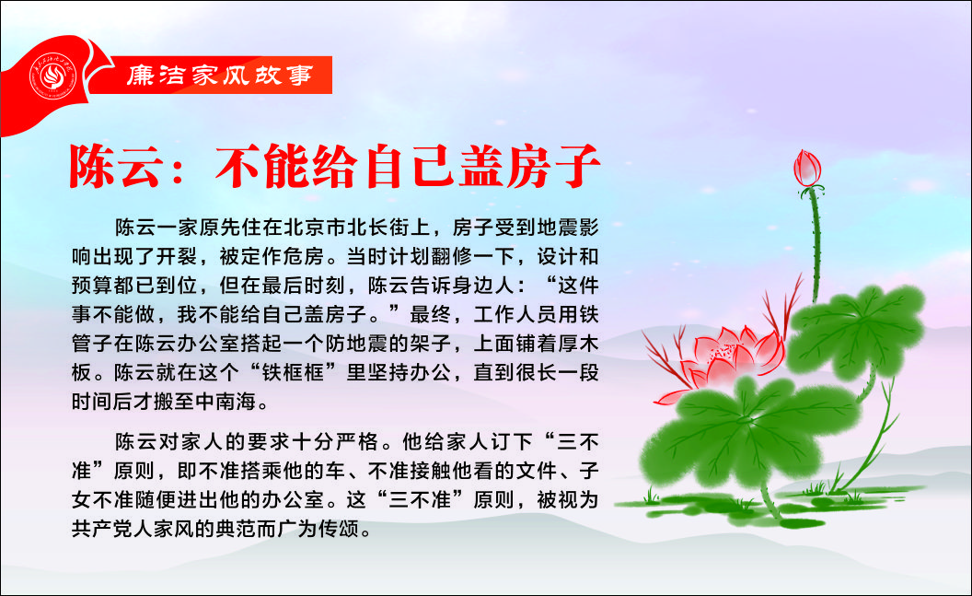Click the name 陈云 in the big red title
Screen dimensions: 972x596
pos(118,166)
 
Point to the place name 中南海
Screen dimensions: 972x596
pos(226,402)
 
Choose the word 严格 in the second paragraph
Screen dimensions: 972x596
pos(357,441)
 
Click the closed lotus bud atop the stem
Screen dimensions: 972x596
pos(807,168)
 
